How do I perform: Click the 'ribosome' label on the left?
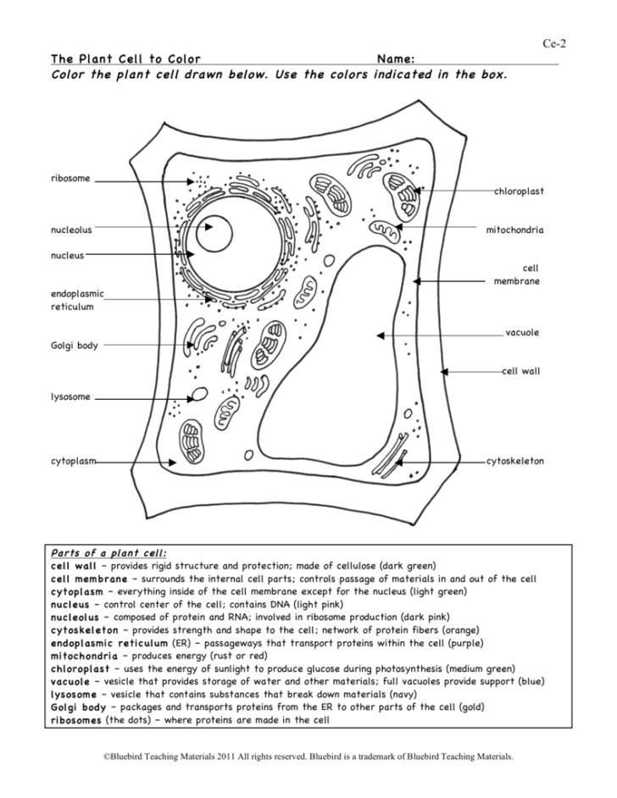(70, 179)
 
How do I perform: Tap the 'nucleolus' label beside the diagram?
(71, 229)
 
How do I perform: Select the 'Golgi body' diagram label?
(75, 345)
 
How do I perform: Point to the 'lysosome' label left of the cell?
(70, 396)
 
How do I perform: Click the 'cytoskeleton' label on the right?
(515, 462)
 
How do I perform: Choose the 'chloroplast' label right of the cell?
(519, 191)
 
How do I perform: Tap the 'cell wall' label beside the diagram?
(520, 371)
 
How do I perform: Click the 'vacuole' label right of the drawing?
(522, 333)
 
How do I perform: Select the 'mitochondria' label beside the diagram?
(514, 230)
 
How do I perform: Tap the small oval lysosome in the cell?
(201, 394)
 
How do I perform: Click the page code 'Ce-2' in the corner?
(553, 44)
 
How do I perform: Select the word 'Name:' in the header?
(396, 59)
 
